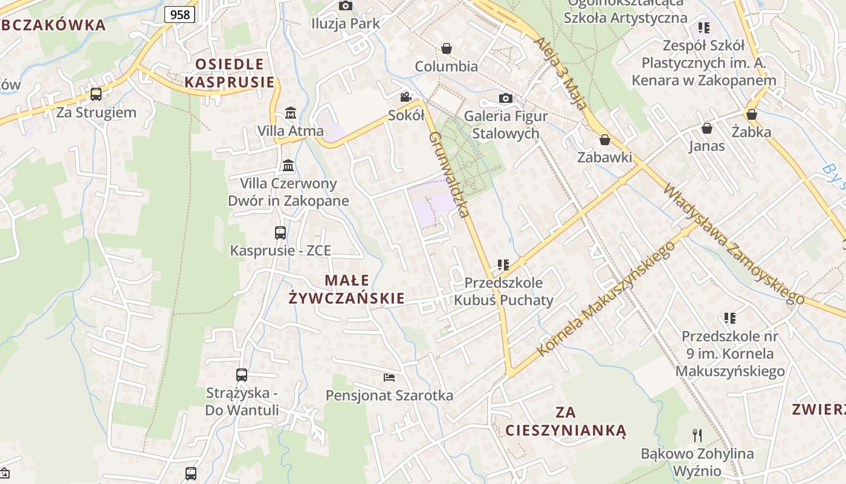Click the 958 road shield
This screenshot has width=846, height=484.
click(x=179, y=15)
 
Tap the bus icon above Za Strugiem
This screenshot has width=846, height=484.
click(x=95, y=94)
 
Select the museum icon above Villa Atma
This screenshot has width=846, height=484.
click(x=290, y=113)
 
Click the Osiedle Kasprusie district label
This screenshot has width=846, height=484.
click(x=229, y=73)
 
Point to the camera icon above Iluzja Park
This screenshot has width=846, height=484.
click(x=346, y=6)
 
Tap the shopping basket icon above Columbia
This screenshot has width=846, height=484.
click(x=447, y=48)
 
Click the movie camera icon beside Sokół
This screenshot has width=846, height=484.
click(x=405, y=97)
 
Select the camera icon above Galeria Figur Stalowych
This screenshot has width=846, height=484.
click(x=506, y=98)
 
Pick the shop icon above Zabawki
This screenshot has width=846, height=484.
click(x=605, y=140)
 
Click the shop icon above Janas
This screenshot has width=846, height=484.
click(x=706, y=128)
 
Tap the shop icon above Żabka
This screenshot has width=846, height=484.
click(x=752, y=114)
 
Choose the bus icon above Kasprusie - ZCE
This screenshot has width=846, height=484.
click(x=280, y=232)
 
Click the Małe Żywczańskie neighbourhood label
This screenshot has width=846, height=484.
click(x=347, y=289)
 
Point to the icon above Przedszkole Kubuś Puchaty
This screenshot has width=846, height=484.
click(x=503, y=265)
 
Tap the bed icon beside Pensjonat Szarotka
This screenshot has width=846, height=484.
click(x=389, y=378)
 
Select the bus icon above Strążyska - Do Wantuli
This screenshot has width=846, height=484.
click(x=242, y=374)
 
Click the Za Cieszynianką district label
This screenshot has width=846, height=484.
click(x=566, y=422)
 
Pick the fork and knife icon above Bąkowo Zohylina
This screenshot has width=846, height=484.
click(x=697, y=435)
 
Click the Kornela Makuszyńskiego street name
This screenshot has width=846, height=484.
click(x=605, y=299)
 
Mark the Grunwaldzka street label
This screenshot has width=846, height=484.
click(x=448, y=174)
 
